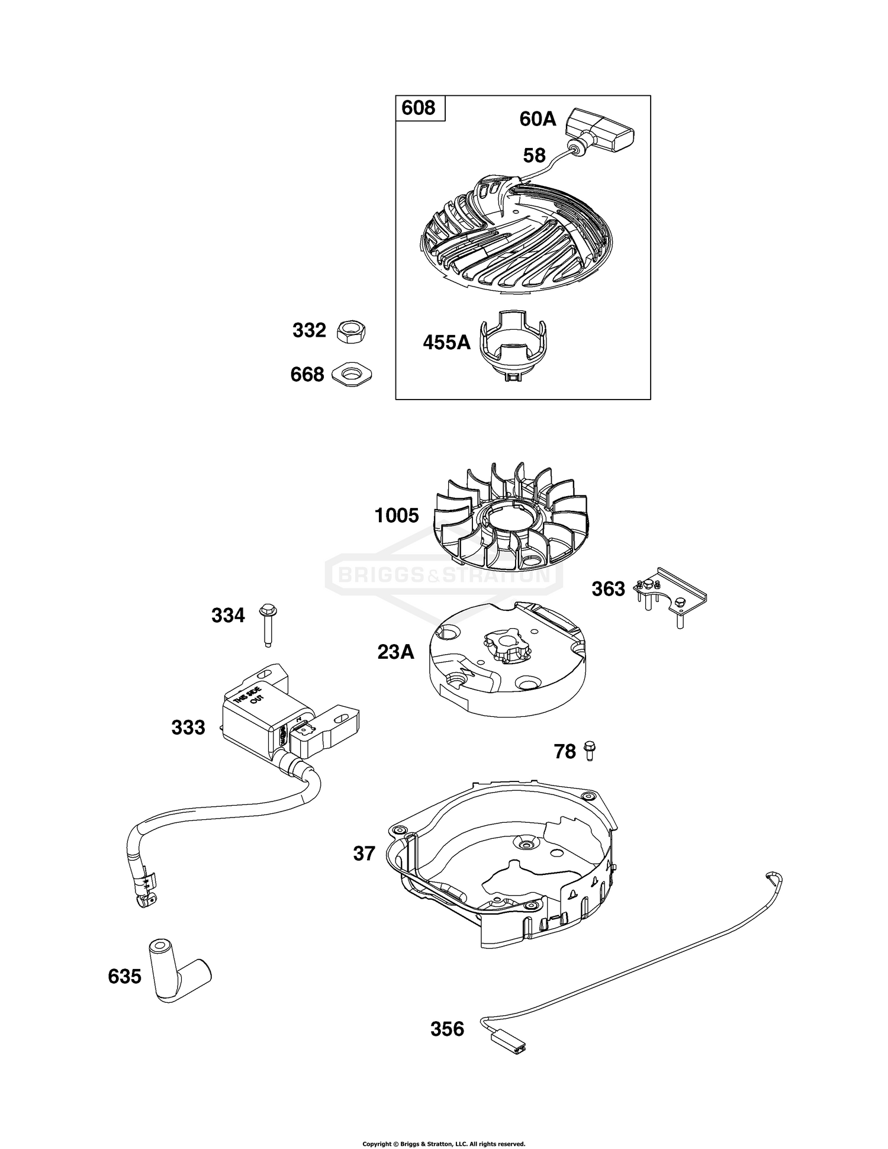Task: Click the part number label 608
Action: pyautogui.click(x=419, y=108)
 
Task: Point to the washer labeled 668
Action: pyautogui.click(x=352, y=375)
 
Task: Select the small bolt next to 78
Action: pyautogui.click(x=590, y=751)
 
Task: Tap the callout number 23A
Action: pyautogui.click(x=395, y=652)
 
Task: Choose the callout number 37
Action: pyautogui.click(x=364, y=853)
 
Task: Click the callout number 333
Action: pyautogui.click(x=188, y=727)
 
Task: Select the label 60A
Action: pyautogui.click(x=538, y=119)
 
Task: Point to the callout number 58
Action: pyautogui.click(x=534, y=156)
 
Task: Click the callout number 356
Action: pyautogui.click(x=447, y=1029)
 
